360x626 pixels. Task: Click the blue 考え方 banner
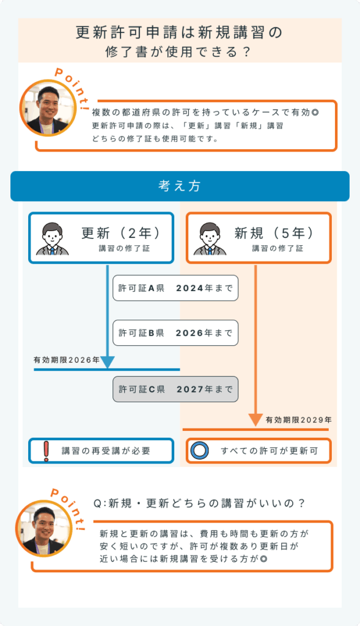(x=180, y=186)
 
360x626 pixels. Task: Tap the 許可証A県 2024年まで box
(x=175, y=288)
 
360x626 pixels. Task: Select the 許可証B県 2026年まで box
(x=175, y=333)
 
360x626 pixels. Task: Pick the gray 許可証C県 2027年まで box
(x=175, y=389)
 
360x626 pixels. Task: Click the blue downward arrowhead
(x=108, y=362)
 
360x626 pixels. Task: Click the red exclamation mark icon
(x=46, y=451)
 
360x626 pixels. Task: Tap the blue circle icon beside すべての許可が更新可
(x=199, y=451)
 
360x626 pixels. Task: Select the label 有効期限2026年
(x=66, y=360)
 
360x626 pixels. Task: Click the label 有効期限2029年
(x=298, y=420)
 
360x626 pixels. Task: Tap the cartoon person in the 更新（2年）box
(x=53, y=239)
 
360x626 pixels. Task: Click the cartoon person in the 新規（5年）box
(x=210, y=239)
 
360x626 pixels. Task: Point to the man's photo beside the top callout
(x=48, y=108)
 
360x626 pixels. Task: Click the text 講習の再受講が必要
(x=106, y=451)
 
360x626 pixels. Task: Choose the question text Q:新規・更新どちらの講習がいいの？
(x=199, y=504)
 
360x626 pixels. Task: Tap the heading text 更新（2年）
(x=121, y=233)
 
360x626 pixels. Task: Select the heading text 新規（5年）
(x=274, y=233)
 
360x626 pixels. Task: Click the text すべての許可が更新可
(x=270, y=451)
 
